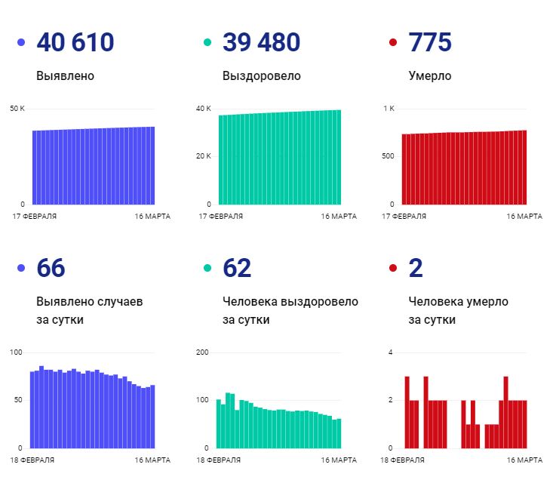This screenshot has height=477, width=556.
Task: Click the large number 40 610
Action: tap(75, 42)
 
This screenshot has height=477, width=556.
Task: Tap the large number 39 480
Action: tap(261, 42)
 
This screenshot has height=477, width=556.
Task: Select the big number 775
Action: tap(429, 42)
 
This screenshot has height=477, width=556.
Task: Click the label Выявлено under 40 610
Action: tap(65, 75)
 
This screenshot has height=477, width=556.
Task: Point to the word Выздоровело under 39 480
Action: tap(261, 75)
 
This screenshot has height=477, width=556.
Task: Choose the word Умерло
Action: tap(430, 75)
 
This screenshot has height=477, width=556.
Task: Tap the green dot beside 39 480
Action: tap(207, 43)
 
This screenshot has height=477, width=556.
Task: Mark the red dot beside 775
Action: tap(392, 43)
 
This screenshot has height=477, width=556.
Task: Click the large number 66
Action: tap(51, 268)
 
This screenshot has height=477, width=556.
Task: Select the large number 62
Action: tap(237, 268)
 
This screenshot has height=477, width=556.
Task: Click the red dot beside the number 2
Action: tap(392, 269)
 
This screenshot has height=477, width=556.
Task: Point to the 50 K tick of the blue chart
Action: tap(17, 109)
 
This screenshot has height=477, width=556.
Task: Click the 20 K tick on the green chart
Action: tap(204, 156)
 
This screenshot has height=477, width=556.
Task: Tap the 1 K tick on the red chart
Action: tap(389, 109)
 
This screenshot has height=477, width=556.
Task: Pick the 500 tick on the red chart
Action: tap(388, 156)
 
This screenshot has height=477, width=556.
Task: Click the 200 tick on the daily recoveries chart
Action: tap(201, 352)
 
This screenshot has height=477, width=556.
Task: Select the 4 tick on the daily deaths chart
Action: tap(390, 352)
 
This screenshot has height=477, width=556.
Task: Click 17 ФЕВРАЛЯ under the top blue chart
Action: tap(34, 216)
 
